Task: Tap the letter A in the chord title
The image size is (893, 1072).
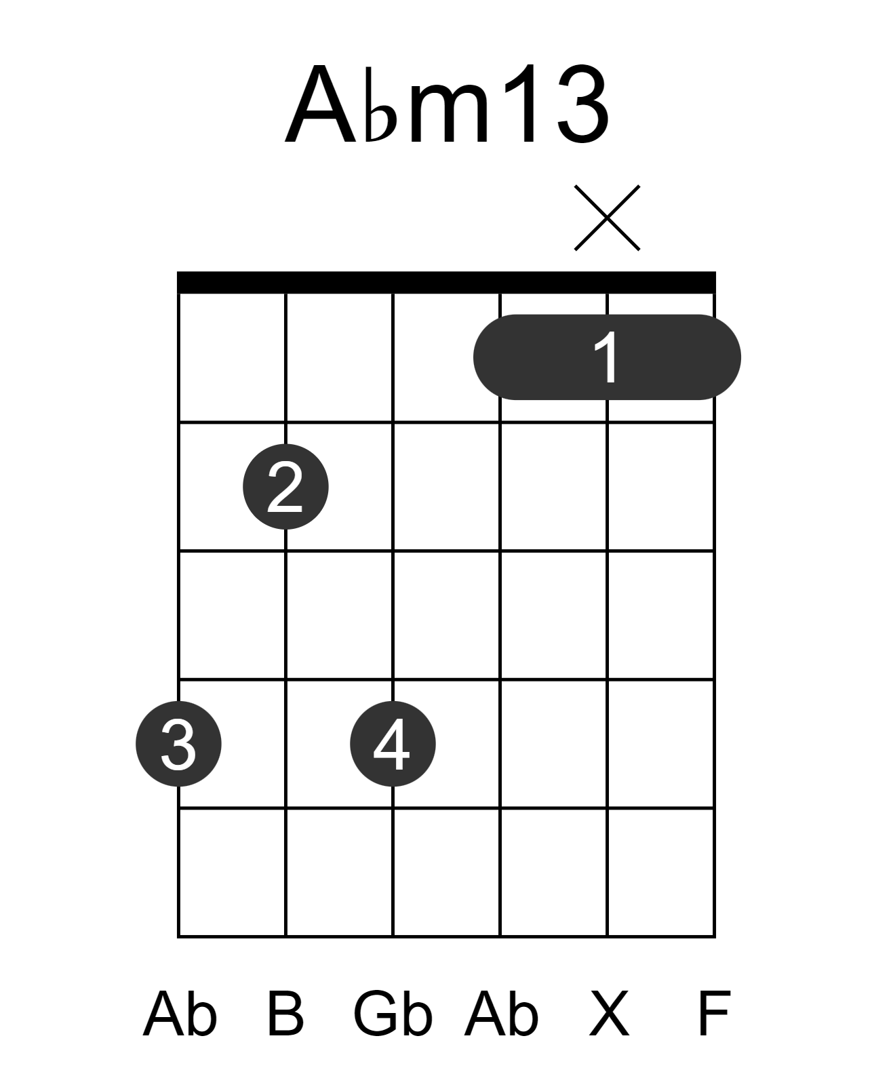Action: pyautogui.click(x=321, y=103)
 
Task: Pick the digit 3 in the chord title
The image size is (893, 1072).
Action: pyautogui.click(x=583, y=103)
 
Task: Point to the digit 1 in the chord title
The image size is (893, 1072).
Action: pyautogui.click(x=521, y=102)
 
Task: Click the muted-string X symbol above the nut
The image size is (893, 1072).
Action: pyautogui.click(x=607, y=218)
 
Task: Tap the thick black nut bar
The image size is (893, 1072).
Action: pyautogui.click(x=446, y=282)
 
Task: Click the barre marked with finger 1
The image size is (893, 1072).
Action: pyautogui.click(x=607, y=357)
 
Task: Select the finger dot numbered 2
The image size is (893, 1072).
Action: pyautogui.click(x=285, y=486)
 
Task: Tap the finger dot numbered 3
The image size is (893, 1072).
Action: pyautogui.click(x=179, y=743)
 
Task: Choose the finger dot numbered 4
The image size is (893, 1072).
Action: pyautogui.click(x=393, y=743)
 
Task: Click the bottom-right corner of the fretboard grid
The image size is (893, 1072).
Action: pyautogui.click(x=715, y=937)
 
